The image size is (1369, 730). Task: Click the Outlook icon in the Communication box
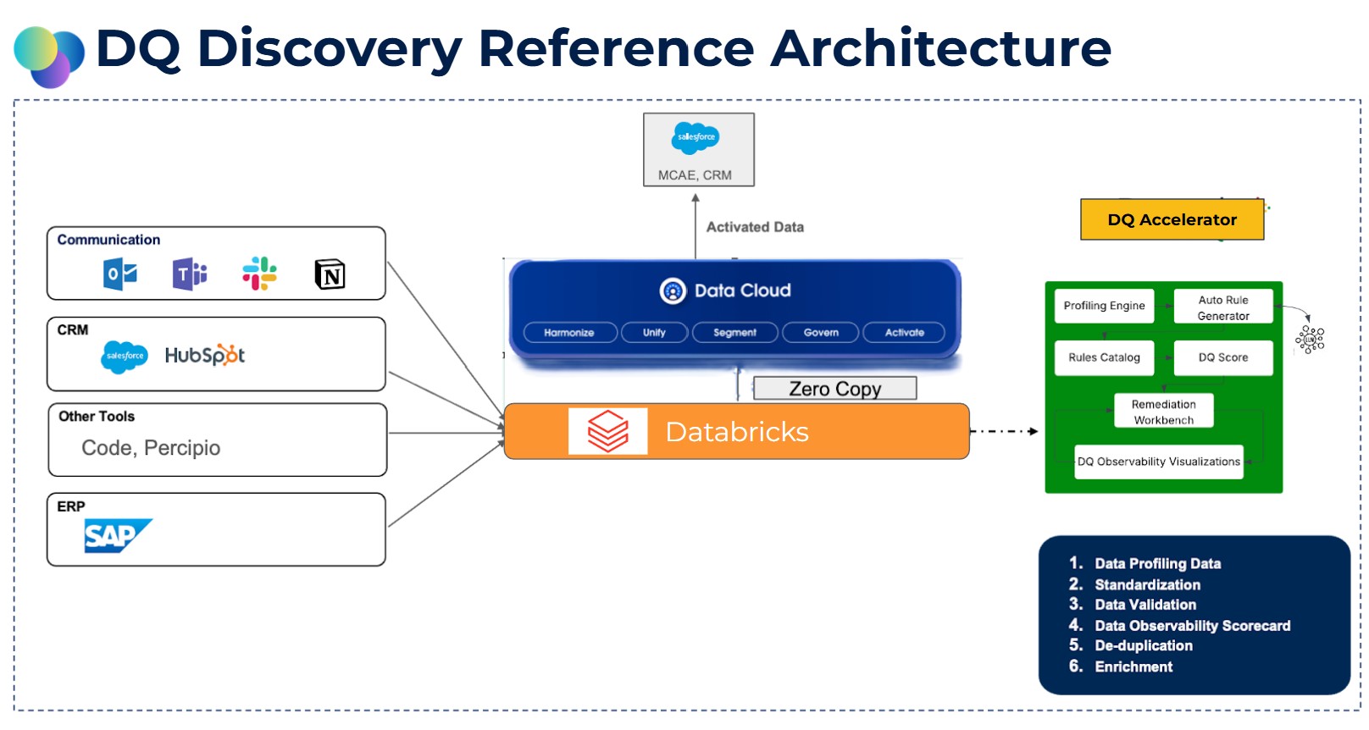coord(120,274)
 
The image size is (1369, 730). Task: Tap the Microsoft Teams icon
coord(190,274)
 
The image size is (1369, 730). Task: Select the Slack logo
coord(259,274)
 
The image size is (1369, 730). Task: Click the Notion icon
coord(330,274)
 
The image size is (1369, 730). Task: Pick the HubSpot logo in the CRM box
coord(205,356)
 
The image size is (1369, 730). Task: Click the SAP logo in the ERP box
coord(117,536)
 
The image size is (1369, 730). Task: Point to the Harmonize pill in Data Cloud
coord(568,333)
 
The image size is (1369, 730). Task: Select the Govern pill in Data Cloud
coord(820,333)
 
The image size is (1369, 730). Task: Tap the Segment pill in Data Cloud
coord(734,333)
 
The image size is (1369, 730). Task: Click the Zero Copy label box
coord(834,389)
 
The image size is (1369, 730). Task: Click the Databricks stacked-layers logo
coord(608,431)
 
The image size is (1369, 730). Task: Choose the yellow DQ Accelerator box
coord(1172,220)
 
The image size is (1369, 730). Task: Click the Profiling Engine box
coord(1104,306)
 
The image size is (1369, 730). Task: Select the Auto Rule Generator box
coord(1223,307)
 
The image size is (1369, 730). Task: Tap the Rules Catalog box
coord(1104,357)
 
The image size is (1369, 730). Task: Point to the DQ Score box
coord(1223,357)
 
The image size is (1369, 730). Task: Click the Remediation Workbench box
coord(1163,412)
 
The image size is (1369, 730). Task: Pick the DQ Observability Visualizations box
coord(1158,462)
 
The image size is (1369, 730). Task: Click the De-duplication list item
coord(1143,645)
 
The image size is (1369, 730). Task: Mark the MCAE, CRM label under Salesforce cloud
coord(695,175)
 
